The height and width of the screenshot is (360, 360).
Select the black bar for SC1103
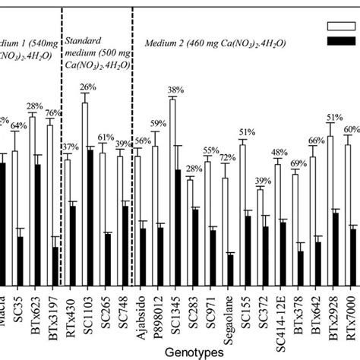(x=90, y=217)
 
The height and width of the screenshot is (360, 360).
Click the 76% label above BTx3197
(x=54, y=114)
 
